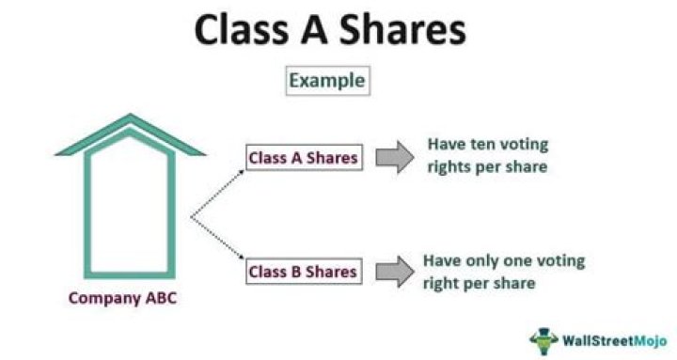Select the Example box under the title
pyautogui.click(x=328, y=81)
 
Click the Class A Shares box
pyautogui.click(x=304, y=158)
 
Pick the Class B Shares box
pyautogui.click(x=304, y=272)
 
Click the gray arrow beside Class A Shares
pyautogui.click(x=395, y=157)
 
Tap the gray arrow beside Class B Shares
pyautogui.click(x=395, y=272)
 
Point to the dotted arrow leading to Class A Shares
pyautogui.click(x=217, y=194)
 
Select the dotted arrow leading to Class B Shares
pyautogui.click(x=217, y=238)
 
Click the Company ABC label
pyautogui.click(x=122, y=298)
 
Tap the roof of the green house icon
pyautogui.click(x=130, y=133)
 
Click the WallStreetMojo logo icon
pyautogui.click(x=543, y=340)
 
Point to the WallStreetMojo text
pyautogui.click(x=615, y=341)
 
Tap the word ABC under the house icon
pyautogui.click(x=161, y=298)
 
